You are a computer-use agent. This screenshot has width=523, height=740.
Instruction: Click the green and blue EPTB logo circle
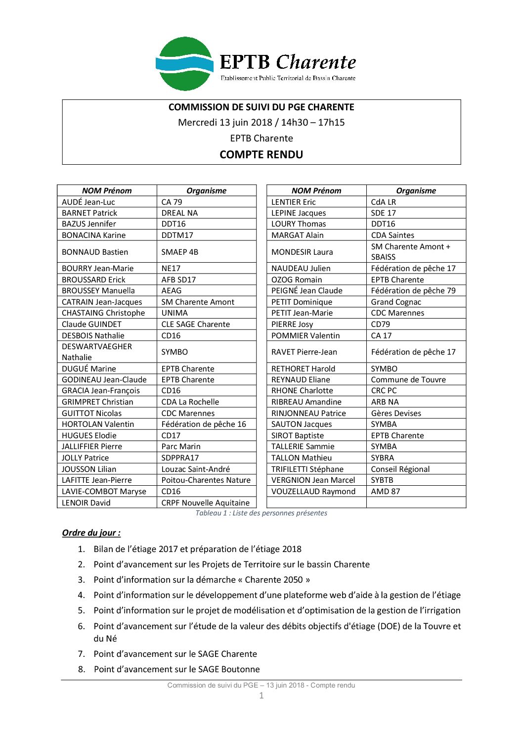click(x=185, y=64)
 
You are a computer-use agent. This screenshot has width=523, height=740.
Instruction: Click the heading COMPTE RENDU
click(x=261, y=155)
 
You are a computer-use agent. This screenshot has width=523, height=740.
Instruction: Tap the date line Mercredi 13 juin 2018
click(x=261, y=123)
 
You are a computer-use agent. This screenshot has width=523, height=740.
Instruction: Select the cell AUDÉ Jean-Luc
click(x=88, y=202)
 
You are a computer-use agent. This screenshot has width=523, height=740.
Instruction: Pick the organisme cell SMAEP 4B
click(x=180, y=252)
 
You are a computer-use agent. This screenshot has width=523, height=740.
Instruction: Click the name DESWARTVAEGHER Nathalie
click(x=97, y=352)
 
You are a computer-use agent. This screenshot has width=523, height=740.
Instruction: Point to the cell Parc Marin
click(x=181, y=446)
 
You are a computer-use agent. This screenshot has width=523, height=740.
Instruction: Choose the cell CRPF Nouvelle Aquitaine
click(x=206, y=503)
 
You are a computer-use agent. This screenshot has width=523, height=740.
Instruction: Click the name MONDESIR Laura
click(x=302, y=252)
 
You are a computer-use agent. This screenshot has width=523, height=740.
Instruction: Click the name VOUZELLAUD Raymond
click(x=313, y=491)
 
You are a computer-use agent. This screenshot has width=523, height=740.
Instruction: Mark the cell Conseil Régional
click(x=400, y=469)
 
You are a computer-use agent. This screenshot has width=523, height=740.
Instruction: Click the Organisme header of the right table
click(x=416, y=190)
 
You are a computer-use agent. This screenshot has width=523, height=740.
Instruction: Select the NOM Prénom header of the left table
click(x=107, y=190)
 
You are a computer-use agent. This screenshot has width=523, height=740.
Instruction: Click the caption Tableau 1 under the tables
click(x=261, y=513)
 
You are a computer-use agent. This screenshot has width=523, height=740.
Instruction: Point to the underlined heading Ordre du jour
click(x=91, y=533)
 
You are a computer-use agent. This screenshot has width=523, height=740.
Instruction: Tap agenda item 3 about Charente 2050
click(x=202, y=580)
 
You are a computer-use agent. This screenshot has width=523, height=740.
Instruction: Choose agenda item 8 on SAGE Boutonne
click(x=176, y=669)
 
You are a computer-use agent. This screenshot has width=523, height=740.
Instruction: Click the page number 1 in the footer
click(x=261, y=696)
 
